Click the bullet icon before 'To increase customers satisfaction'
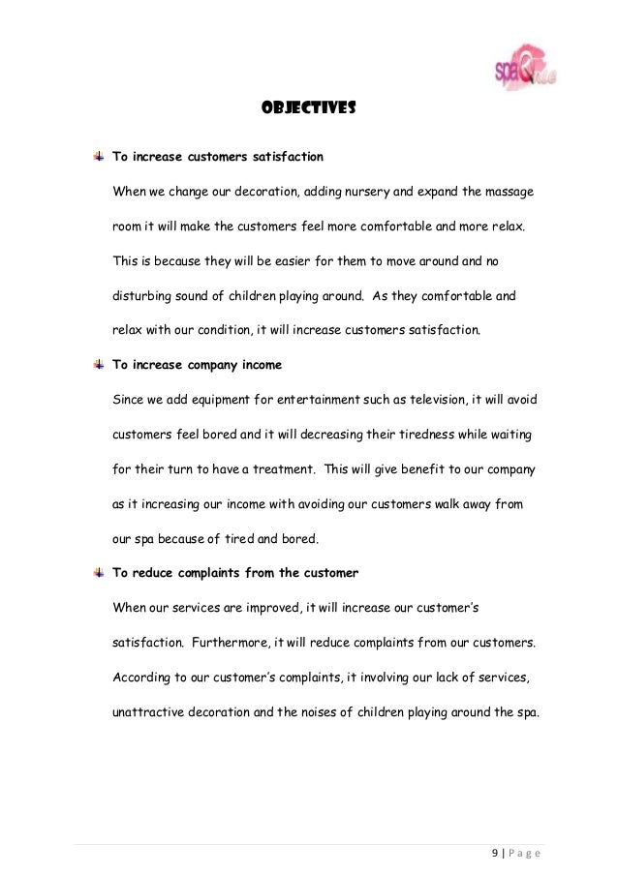[100, 155]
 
